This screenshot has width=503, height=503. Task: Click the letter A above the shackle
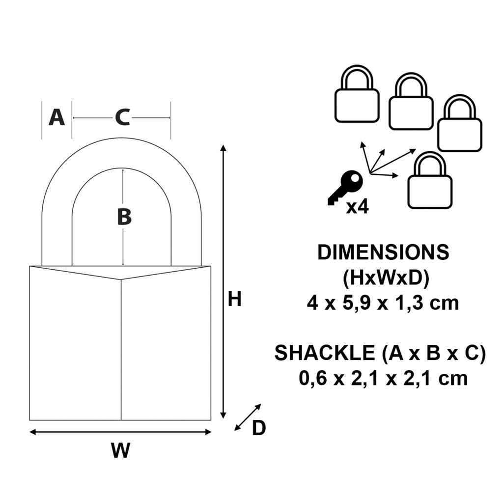56,118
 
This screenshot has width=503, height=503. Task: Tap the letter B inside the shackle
124,217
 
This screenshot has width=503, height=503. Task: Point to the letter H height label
235,299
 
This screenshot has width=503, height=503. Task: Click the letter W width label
120,450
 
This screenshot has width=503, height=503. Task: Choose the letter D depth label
259,428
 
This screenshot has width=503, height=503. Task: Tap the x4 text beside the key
357,207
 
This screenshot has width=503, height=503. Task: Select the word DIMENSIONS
383,252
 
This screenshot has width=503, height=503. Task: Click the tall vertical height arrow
224,282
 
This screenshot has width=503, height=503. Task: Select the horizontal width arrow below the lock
120,432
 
